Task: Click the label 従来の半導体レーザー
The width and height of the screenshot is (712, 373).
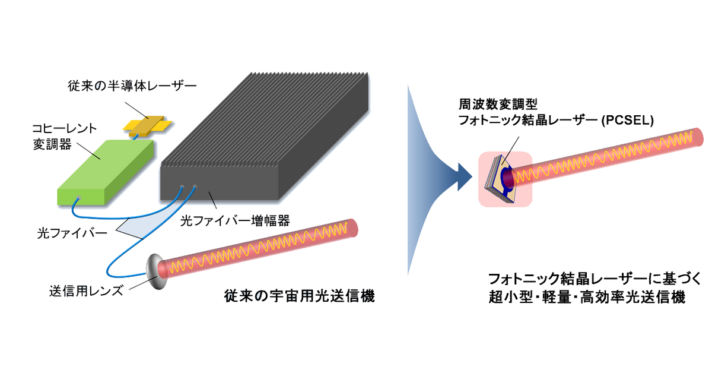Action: pos(132,86)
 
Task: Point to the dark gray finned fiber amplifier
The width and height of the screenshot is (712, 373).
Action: pos(265,137)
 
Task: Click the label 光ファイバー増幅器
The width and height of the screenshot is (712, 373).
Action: pos(235,221)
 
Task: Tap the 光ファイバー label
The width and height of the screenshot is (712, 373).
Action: pos(72,233)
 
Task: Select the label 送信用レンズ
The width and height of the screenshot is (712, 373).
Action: pos(86,290)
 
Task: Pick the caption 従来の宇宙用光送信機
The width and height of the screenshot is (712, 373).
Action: pos(300,296)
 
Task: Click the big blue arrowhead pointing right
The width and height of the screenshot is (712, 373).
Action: pos(465,177)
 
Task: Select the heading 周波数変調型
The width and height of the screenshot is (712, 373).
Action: pos(498,104)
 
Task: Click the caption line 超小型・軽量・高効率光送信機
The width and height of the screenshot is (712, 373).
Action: pos(587,298)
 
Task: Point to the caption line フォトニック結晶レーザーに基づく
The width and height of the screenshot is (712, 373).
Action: pos(595,279)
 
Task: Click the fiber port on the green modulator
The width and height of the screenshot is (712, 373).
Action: pos(79,198)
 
